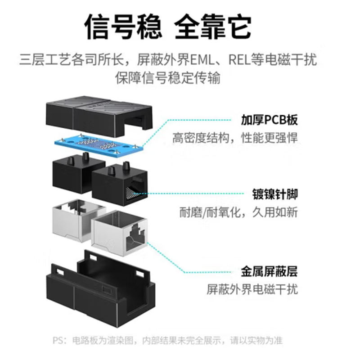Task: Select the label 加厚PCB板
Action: click(x=270, y=120)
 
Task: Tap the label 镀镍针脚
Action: click(x=275, y=195)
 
